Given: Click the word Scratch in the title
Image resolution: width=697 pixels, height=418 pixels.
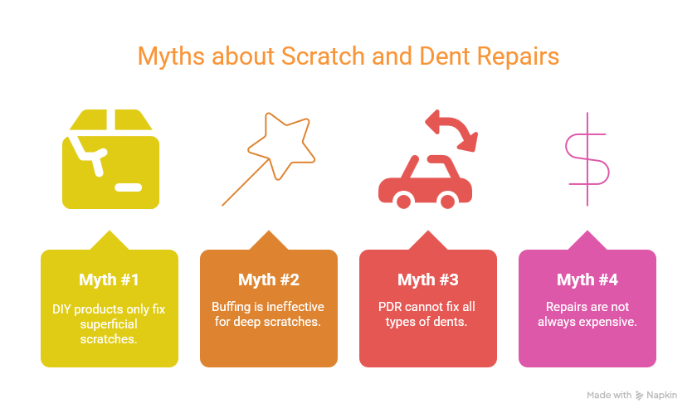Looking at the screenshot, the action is pyautogui.click(x=323, y=56).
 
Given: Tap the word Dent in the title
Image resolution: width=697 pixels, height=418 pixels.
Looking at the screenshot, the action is pyautogui.click(x=445, y=56).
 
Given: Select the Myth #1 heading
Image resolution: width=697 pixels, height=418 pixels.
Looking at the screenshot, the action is pyautogui.click(x=109, y=279).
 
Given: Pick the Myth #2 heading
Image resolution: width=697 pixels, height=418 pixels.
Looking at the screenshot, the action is pyautogui.click(x=269, y=279).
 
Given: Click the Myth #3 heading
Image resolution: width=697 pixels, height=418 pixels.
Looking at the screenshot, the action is pyautogui.click(x=428, y=279).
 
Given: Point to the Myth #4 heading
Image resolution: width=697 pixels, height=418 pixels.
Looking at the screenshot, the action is pyautogui.click(x=587, y=279).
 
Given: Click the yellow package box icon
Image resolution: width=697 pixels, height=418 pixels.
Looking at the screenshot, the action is pyautogui.click(x=110, y=159).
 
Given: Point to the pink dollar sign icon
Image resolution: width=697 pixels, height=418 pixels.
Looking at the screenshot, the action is pyautogui.click(x=587, y=159).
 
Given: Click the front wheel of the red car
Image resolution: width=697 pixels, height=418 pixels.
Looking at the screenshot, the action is pyautogui.click(x=403, y=201).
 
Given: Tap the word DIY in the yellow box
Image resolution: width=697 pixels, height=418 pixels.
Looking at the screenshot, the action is pyautogui.click(x=61, y=309).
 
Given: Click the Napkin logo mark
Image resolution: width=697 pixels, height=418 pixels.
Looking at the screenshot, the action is pyautogui.click(x=639, y=396).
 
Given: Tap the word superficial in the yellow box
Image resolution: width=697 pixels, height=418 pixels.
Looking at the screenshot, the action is pyautogui.click(x=109, y=324).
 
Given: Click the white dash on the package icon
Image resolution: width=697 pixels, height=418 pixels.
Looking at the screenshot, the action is pyautogui.click(x=129, y=187).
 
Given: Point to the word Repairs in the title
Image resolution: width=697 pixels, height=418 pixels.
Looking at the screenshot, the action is pyautogui.click(x=518, y=56).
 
